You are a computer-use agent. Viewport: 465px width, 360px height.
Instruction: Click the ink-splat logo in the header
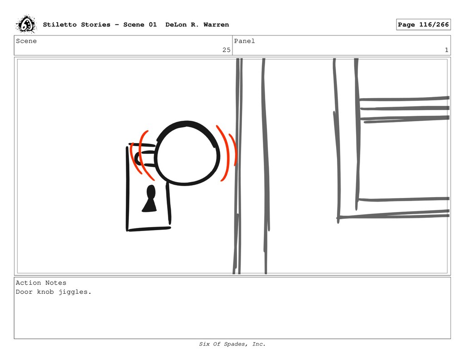pos(26,25)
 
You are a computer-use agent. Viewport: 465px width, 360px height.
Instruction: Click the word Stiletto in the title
pos(59,25)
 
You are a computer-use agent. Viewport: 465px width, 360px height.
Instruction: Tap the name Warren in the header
pos(216,25)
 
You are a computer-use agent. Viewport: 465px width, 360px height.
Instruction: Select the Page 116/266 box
pos(423,25)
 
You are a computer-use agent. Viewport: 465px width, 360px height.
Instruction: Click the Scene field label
pos(26,41)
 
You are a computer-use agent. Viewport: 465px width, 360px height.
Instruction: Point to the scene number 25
pos(226,50)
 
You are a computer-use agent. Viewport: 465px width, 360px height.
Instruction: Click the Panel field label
pos(244,41)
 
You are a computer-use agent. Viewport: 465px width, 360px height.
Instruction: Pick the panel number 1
pos(446,50)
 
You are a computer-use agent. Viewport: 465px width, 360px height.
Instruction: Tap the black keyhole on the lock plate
pos(150,199)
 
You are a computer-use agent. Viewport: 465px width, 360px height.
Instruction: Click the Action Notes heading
pos(41,283)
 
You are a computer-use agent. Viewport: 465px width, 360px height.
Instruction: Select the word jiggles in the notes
pos(75,292)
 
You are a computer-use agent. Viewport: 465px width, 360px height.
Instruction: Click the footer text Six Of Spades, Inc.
pos(232,344)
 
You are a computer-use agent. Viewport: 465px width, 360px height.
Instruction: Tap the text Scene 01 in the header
pos(140,25)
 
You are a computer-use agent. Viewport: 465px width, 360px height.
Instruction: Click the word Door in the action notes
pos(25,292)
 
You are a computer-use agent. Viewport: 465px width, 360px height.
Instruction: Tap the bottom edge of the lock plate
pos(149,229)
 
